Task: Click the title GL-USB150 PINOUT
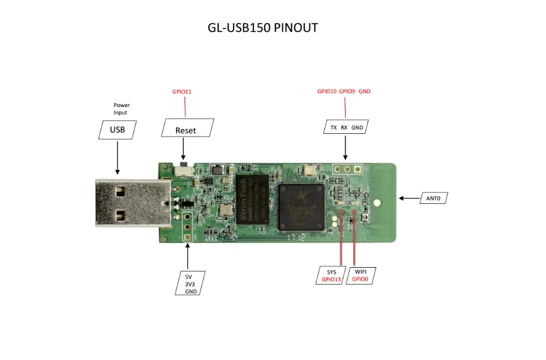click(263, 28)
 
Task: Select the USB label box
click(117, 129)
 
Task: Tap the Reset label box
click(185, 130)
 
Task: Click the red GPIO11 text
click(181, 92)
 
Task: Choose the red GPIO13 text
click(331, 279)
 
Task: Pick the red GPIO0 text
click(360, 279)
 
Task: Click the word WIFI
click(360, 272)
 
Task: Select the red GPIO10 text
click(327, 91)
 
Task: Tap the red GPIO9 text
click(347, 91)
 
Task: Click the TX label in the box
click(333, 128)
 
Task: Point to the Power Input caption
click(121, 109)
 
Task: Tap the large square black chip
click(301, 207)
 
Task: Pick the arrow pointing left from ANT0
click(409, 199)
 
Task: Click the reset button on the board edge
click(184, 164)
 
